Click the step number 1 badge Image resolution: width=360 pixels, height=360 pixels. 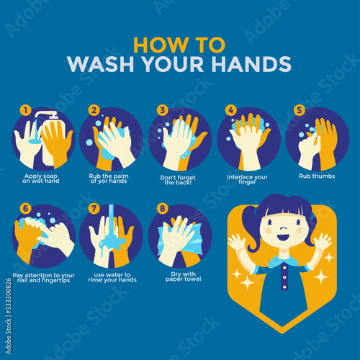click(x=26, y=110)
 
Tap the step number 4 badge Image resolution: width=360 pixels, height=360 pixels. click(x=231, y=110)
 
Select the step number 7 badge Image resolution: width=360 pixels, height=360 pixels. click(x=94, y=208)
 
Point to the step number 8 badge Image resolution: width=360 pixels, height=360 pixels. click(x=163, y=208)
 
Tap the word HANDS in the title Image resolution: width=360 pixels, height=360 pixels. click(x=251, y=64)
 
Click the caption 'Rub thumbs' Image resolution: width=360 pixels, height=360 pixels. click(x=317, y=176)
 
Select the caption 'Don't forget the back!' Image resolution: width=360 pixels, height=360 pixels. click(x=178, y=180)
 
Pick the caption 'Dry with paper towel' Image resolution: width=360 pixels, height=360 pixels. click(x=184, y=276)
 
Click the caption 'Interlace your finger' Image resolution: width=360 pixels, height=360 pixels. click(x=247, y=179)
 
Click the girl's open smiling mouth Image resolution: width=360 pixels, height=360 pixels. click(x=283, y=238)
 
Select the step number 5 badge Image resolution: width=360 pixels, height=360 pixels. click(x=300, y=110)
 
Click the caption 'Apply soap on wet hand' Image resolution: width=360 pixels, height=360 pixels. click(x=41, y=179)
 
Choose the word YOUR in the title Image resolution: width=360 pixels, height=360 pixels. click(x=173, y=64)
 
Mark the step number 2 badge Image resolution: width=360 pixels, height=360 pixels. click(x=94, y=110)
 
